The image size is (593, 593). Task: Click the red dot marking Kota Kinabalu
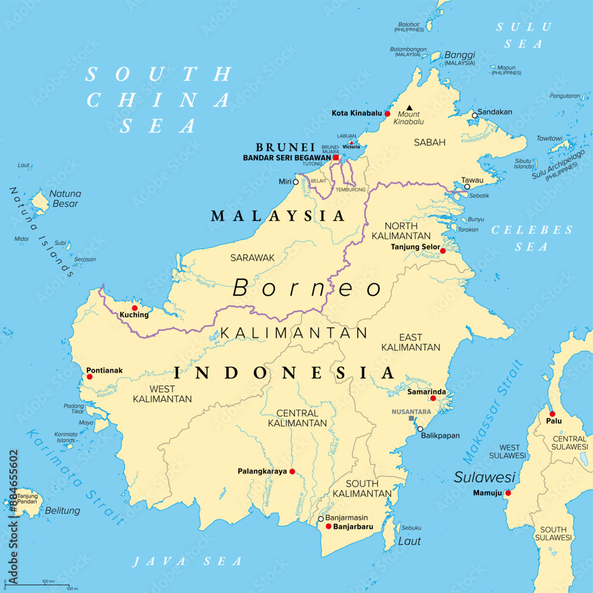(x=387, y=113)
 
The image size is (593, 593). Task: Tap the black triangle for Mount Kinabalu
(x=409, y=108)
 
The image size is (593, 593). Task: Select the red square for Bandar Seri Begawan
(x=336, y=158)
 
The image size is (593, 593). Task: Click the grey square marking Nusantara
(x=412, y=419)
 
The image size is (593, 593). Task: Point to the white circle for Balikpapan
(x=420, y=429)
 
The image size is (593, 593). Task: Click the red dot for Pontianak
(x=90, y=377)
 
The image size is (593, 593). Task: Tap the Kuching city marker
(x=135, y=308)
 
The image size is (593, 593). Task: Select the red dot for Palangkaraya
(x=292, y=472)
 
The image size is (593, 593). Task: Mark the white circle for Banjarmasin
(x=321, y=518)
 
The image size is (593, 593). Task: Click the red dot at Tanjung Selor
(x=442, y=251)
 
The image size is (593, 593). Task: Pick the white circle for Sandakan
(x=474, y=115)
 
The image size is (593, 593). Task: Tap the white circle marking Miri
(x=296, y=182)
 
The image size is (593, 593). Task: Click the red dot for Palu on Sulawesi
(x=552, y=414)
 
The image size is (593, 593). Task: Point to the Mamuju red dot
(x=508, y=493)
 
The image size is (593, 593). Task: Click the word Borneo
(x=307, y=289)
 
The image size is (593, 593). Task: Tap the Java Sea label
(x=187, y=561)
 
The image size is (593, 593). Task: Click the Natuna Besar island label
(x=65, y=199)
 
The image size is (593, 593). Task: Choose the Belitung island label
(x=62, y=511)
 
